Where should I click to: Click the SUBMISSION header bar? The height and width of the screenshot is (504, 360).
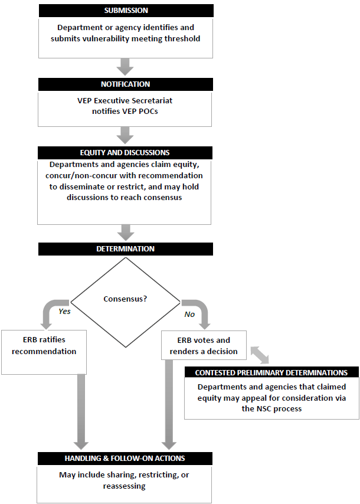tap(126, 11)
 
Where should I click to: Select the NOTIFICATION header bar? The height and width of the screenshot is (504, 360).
tap(126, 84)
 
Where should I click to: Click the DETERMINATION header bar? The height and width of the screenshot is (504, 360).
tap(126, 249)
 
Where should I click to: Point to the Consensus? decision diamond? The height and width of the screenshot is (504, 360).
tap(126, 299)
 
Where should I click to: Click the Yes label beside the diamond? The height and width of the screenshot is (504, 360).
tap(64, 310)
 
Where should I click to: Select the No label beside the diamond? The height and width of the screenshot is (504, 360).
tap(189, 314)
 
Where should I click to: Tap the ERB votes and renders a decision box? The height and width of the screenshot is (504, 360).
tap(204, 346)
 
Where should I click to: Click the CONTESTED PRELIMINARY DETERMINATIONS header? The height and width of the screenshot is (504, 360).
tap(271, 372)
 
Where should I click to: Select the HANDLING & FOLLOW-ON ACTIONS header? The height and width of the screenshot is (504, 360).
tap(126, 459)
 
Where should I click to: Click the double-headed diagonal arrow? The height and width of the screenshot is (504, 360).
tap(259, 355)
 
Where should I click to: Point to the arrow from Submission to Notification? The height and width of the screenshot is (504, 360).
tap(126, 66)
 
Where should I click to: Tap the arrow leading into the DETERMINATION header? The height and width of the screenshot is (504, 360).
tap(126, 232)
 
